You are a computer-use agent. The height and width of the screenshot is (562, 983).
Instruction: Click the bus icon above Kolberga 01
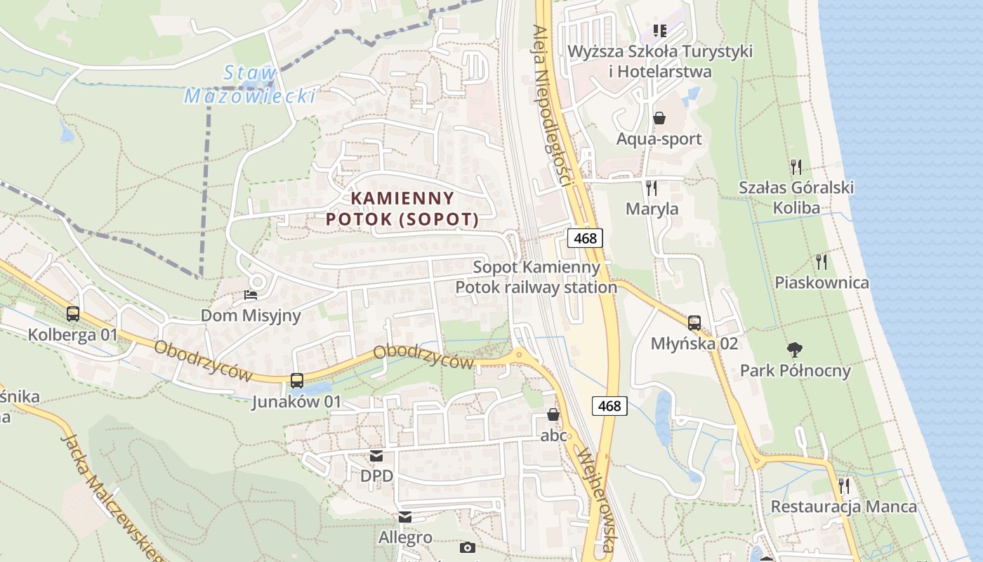(73, 314)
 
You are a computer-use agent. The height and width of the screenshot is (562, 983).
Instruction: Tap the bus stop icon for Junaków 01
(297, 381)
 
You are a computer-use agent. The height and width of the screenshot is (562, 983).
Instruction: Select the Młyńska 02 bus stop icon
(694, 323)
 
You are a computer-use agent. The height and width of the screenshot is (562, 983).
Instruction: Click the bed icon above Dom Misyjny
(251, 295)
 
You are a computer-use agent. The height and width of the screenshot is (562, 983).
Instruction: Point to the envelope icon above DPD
(376, 456)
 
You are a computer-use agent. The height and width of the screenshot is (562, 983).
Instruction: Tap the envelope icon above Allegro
(405, 517)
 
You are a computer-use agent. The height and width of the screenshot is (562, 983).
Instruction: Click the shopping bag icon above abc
(553, 414)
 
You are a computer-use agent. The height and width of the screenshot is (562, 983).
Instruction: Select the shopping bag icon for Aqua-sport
(659, 117)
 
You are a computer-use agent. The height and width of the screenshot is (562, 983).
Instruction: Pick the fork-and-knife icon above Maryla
(652, 188)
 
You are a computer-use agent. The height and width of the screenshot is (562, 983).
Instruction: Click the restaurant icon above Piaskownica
(822, 262)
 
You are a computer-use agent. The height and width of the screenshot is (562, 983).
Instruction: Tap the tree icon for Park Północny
(795, 349)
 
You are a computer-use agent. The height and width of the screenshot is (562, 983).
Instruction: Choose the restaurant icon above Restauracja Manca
(844, 485)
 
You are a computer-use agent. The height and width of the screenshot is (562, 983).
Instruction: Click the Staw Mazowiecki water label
(249, 84)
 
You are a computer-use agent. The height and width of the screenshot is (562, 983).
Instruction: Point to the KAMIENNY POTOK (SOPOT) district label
(402, 209)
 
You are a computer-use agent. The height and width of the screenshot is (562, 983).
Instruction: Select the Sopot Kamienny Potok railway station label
(536, 277)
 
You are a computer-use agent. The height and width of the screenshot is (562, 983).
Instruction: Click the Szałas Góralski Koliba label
(796, 197)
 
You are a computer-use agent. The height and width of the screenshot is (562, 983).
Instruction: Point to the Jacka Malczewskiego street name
(112, 495)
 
